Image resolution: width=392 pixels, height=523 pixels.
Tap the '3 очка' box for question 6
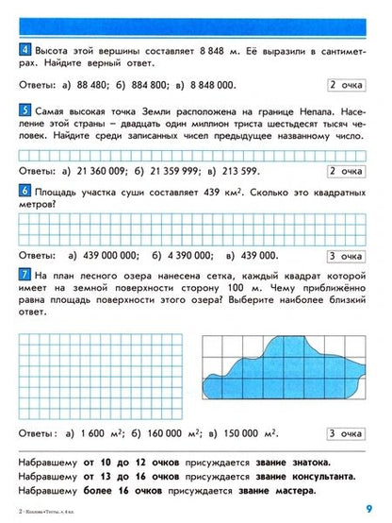(345, 255)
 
